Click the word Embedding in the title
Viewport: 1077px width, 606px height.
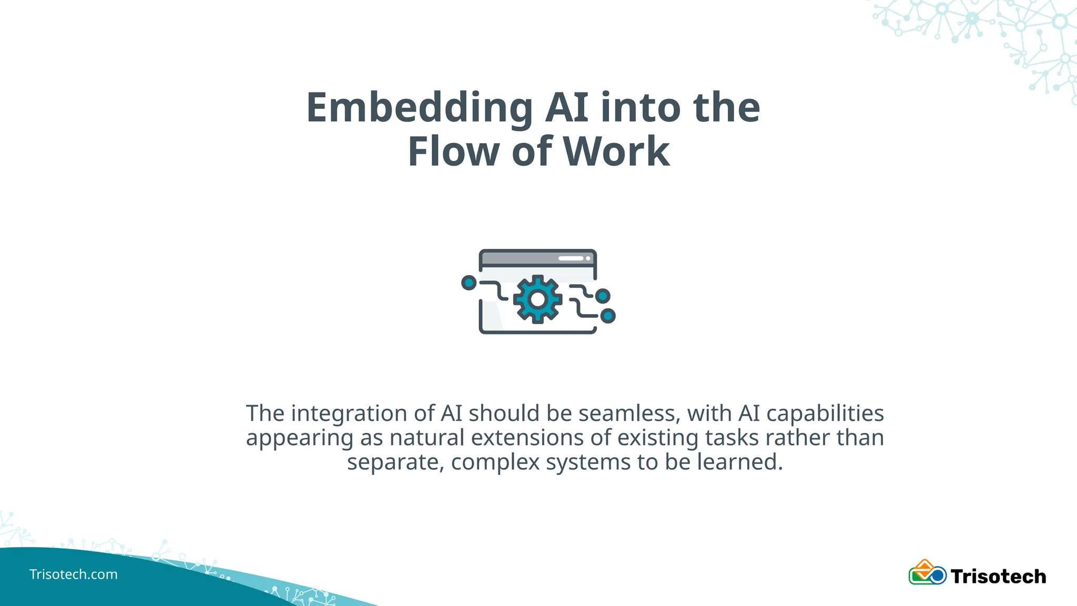[x=420, y=108]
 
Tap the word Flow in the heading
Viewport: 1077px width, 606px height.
[x=453, y=152]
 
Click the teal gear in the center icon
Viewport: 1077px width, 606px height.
[x=537, y=299]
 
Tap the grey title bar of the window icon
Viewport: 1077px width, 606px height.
[x=537, y=258]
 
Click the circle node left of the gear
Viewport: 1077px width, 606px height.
[x=469, y=283]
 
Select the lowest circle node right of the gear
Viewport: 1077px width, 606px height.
[x=608, y=316]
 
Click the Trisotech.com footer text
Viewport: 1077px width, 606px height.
[x=74, y=574]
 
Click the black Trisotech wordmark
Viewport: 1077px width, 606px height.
[x=998, y=577]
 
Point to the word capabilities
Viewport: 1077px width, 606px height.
[x=825, y=413]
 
